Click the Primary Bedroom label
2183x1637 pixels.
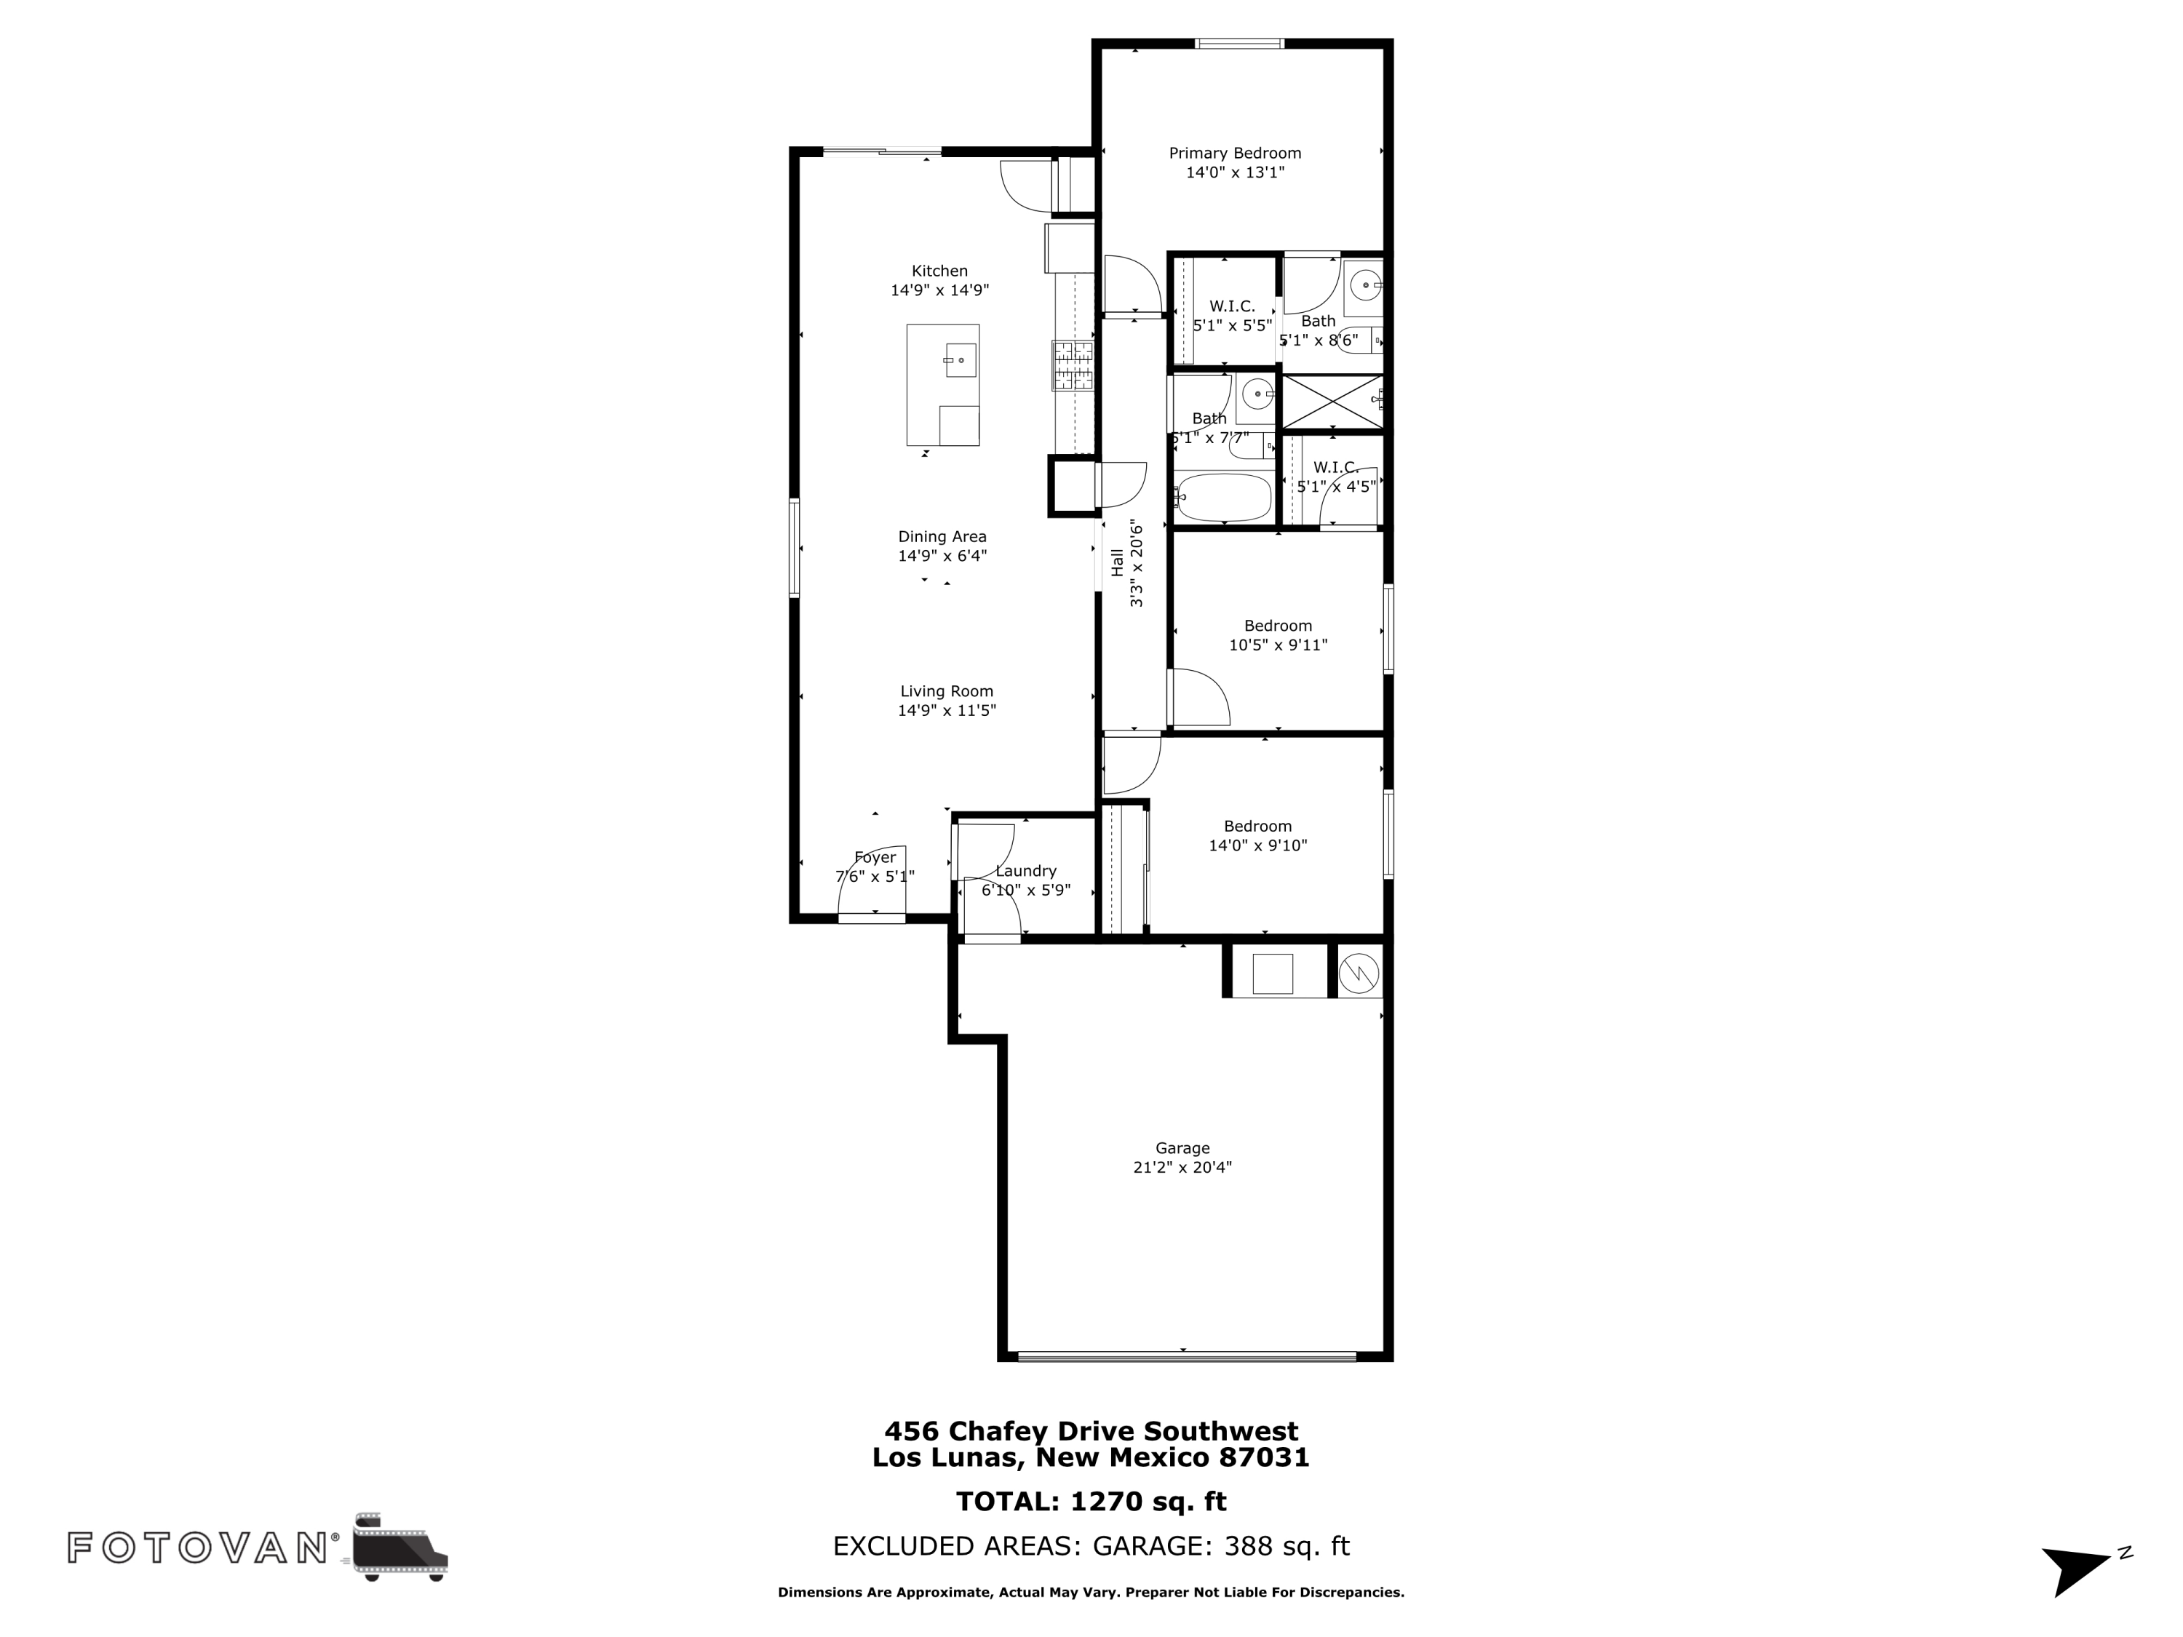click(x=1235, y=153)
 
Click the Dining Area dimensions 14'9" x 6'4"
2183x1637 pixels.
click(x=942, y=556)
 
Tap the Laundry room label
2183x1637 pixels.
click(x=1025, y=872)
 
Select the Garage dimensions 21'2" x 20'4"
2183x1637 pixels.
click(x=1182, y=1167)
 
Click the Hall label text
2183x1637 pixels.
click(x=1117, y=562)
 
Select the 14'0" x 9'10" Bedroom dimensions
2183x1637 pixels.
click(x=1257, y=845)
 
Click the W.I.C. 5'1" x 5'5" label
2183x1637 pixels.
click(x=1232, y=316)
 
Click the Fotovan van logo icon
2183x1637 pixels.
click(x=399, y=1546)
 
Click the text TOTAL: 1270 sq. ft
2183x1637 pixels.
click(x=1091, y=1502)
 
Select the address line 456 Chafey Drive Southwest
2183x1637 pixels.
click(x=1091, y=1431)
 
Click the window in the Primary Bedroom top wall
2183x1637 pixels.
click(x=1239, y=44)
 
